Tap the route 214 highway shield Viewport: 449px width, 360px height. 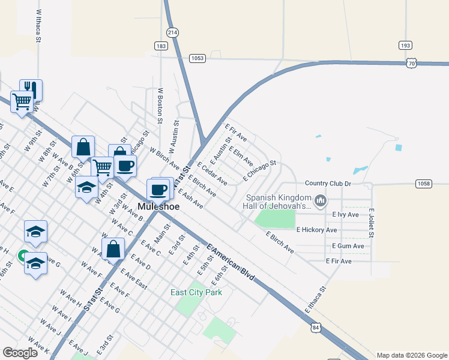click(173, 32)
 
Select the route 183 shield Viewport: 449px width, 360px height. click(160, 46)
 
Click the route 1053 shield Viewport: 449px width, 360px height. click(197, 58)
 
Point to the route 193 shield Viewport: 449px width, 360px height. click(405, 45)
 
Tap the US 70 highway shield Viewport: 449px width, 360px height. click(411, 62)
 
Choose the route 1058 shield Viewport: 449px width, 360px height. click(424, 184)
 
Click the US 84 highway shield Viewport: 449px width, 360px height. click(316, 328)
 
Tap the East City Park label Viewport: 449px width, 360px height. click(196, 292)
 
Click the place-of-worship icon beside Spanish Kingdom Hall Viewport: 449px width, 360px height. click(321, 200)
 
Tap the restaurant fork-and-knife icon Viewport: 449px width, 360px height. click(31, 90)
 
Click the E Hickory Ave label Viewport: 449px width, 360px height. click(316, 230)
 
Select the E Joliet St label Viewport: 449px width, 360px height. click(372, 222)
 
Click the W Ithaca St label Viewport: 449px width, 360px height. click(39, 26)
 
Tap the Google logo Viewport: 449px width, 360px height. click(20, 352)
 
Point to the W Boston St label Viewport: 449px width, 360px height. click(160, 106)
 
